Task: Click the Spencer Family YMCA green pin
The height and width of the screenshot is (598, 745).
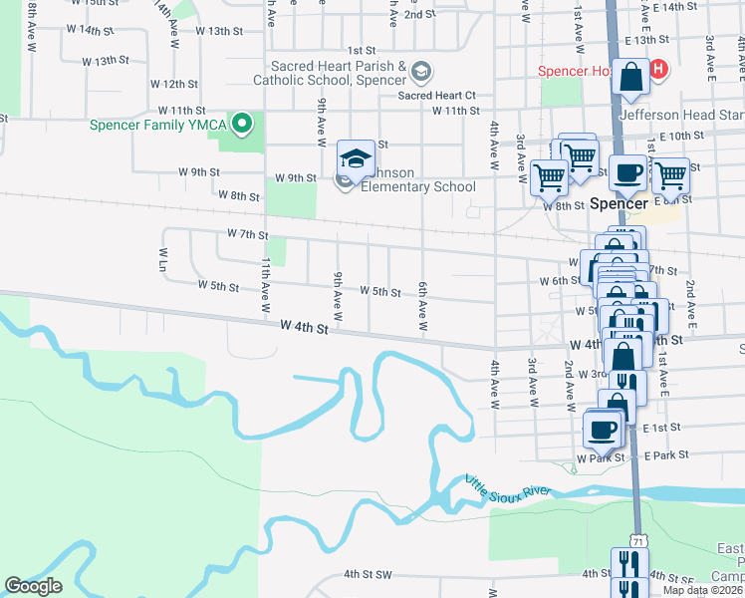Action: [x=240, y=125]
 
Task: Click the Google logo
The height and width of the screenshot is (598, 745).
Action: [x=33, y=586]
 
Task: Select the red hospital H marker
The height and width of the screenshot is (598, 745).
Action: [x=657, y=70]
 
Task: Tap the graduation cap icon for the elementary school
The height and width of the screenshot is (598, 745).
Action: [x=356, y=157]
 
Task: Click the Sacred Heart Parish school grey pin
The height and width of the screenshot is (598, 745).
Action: [x=421, y=70]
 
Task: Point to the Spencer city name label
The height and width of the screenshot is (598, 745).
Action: [x=619, y=202]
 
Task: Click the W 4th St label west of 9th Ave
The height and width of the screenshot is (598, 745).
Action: [x=304, y=327]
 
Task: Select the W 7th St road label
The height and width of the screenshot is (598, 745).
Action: [x=247, y=234]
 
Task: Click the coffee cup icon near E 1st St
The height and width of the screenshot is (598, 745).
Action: [x=603, y=429]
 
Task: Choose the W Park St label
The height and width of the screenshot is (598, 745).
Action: [x=599, y=457]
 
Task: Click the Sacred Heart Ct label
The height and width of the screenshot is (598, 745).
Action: [x=437, y=96]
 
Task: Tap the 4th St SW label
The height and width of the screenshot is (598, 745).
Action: [x=369, y=574]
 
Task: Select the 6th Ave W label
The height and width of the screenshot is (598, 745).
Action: [x=423, y=305]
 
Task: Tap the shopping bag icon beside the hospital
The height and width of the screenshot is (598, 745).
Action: [x=631, y=77]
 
